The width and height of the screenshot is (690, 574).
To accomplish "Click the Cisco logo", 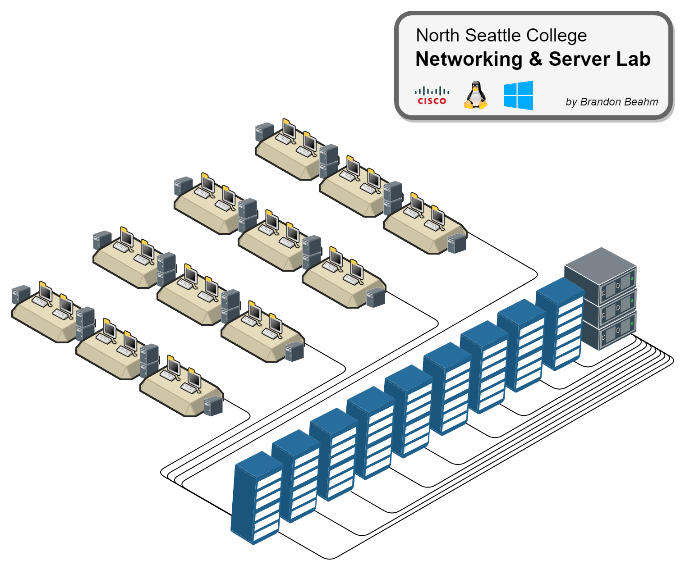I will [432, 96].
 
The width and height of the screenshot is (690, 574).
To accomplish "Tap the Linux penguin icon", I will [476, 95].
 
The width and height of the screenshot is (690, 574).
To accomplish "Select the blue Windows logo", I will [519, 96].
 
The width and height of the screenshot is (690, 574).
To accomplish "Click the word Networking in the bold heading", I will [469, 59].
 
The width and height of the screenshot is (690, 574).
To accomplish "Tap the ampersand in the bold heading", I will [535, 59].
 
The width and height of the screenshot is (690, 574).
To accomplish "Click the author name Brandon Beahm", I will [619, 102].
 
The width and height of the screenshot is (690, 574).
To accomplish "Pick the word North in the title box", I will [437, 35].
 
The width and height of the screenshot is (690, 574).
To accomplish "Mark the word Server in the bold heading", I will [579, 59].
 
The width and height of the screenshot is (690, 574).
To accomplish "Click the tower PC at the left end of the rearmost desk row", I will [264, 132].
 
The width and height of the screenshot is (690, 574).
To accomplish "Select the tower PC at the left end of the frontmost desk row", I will [21, 294].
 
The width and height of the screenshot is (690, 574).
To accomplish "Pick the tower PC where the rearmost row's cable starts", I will [456, 243].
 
